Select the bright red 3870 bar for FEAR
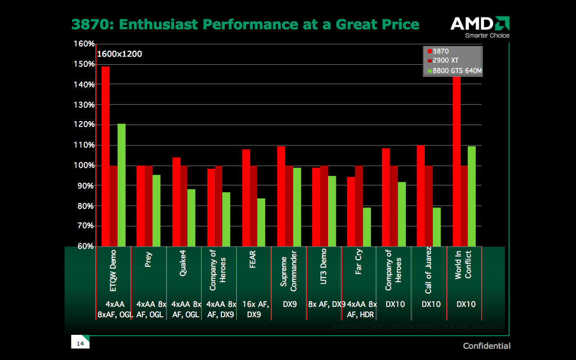246,198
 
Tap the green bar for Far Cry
367,227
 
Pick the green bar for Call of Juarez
436,227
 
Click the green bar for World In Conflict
472,196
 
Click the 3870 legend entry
441,51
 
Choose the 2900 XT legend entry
445,61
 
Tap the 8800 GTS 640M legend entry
454,71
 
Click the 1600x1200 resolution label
120,54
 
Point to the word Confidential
487,346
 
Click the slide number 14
81,344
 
